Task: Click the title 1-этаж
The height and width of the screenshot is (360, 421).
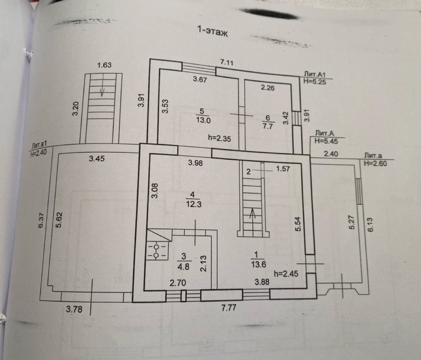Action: tap(212, 31)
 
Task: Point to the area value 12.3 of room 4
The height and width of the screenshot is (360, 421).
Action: tap(192, 204)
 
